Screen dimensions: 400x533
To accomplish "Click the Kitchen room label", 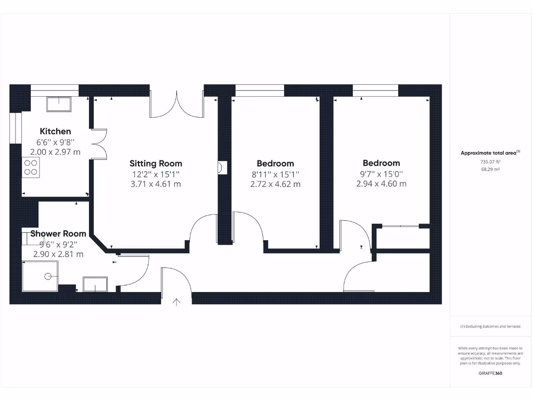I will pyautogui.click(x=56, y=131).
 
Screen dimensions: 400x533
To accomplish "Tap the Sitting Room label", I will pyautogui.click(x=156, y=164).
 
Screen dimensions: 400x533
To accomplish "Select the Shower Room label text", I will pyautogui.click(x=58, y=234).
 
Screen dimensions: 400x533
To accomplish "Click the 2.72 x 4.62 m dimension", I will pyautogui.click(x=275, y=184).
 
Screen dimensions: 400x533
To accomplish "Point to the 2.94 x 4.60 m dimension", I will pyautogui.click(x=382, y=183).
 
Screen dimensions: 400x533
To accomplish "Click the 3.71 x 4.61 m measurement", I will pyautogui.click(x=156, y=184).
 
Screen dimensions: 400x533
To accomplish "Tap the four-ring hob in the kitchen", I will pyautogui.click(x=31, y=167).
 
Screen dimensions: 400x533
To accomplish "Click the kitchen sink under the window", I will pyautogui.click(x=60, y=104).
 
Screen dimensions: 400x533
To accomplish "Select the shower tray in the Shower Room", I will pyautogui.click(x=40, y=276).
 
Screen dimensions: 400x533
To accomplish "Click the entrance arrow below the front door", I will pyautogui.click(x=176, y=301).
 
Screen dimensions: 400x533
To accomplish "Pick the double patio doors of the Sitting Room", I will pyautogui.click(x=176, y=104).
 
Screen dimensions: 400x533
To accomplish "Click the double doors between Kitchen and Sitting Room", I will pyautogui.click(x=99, y=143).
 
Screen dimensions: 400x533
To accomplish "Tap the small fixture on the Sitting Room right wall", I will pyautogui.click(x=221, y=168).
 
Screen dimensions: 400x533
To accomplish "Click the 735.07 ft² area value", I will pyautogui.click(x=489, y=162).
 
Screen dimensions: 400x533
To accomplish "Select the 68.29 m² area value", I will pyautogui.click(x=489, y=169).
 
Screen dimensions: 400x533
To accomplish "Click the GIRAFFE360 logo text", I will pyautogui.click(x=490, y=373).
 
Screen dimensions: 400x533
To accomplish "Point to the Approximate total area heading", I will pyautogui.click(x=490, y=153).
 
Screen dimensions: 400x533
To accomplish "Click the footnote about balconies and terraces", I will pyautogui.click(x=490, y=327).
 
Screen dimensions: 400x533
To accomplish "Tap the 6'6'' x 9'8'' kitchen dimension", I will pyautogui.click(x=56, y=142).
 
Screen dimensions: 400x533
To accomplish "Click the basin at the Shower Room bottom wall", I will pyautogui.click(x=95, y=284).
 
